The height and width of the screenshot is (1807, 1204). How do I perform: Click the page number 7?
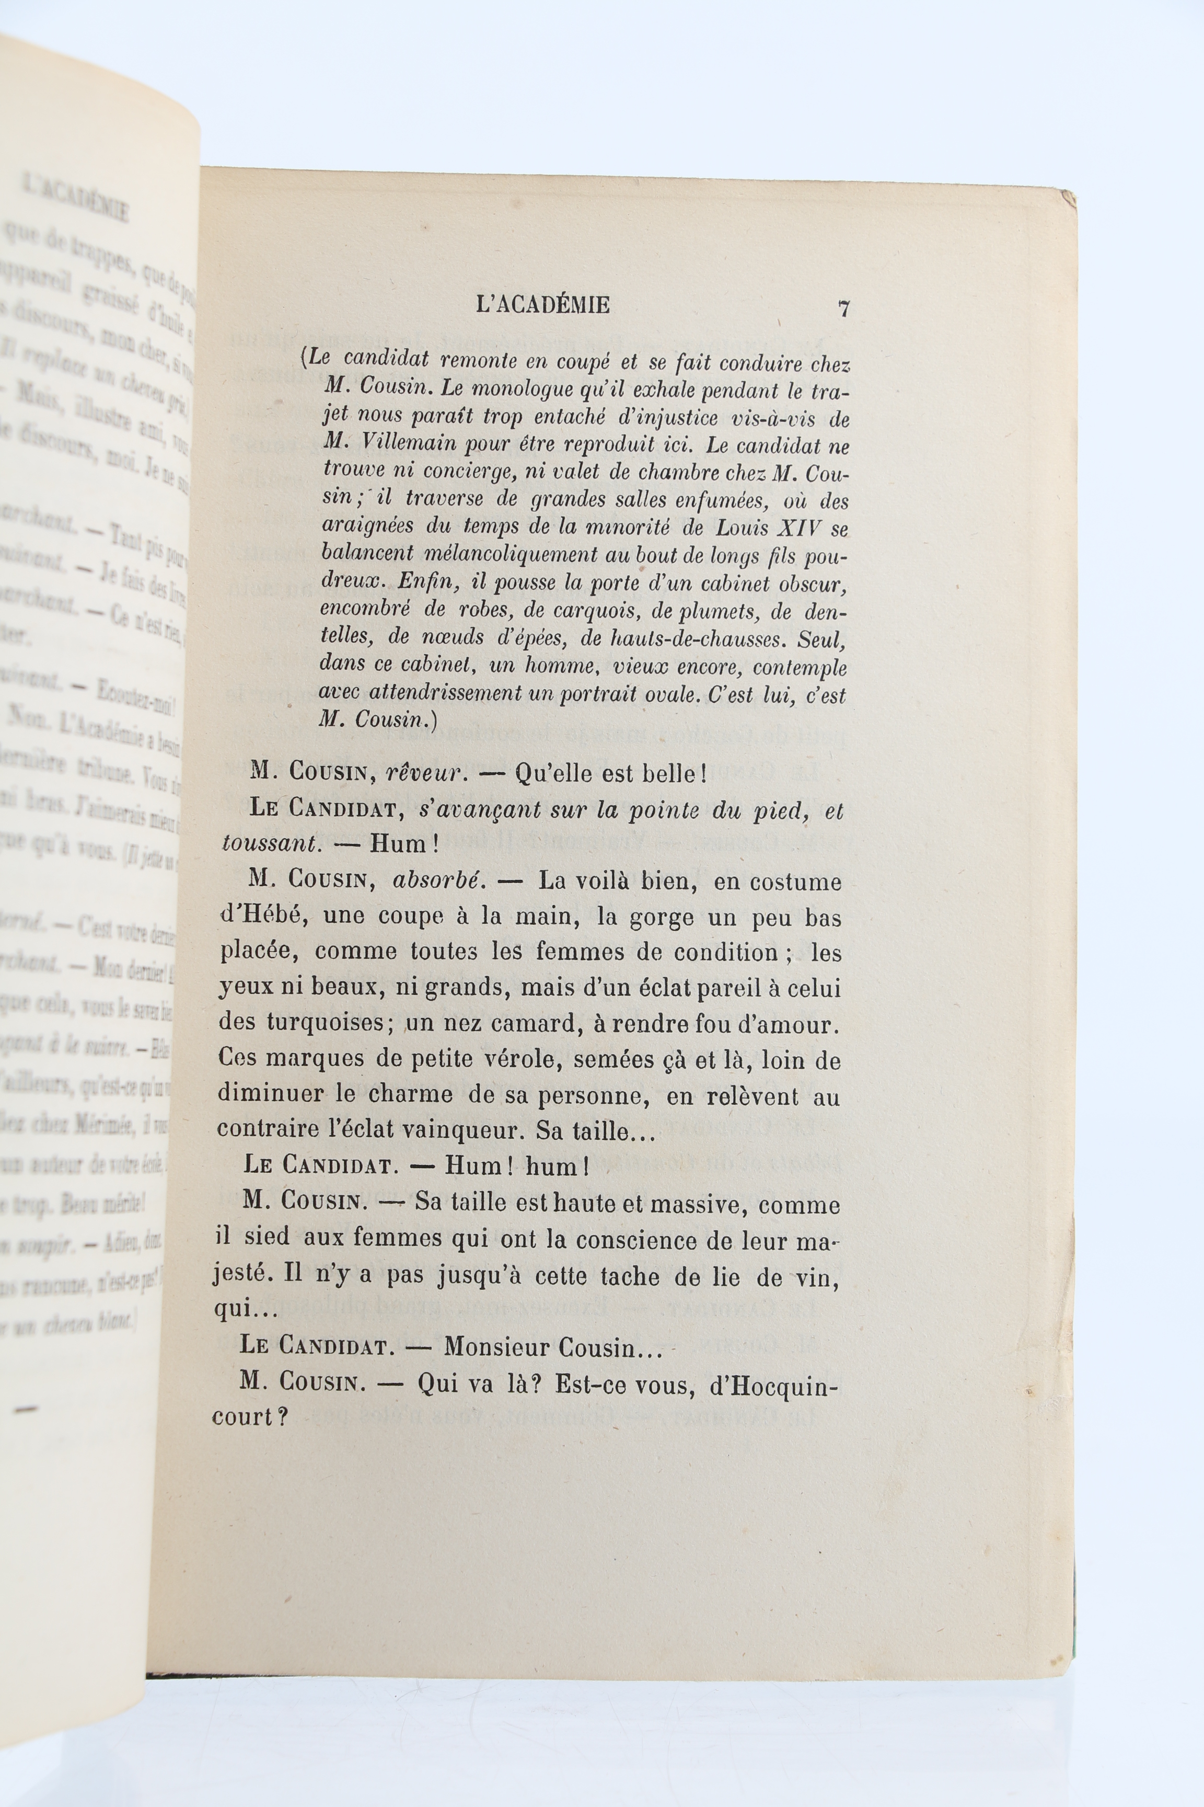844,309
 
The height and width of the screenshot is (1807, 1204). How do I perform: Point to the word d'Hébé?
263,917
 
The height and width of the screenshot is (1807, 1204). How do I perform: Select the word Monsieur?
499,1348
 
